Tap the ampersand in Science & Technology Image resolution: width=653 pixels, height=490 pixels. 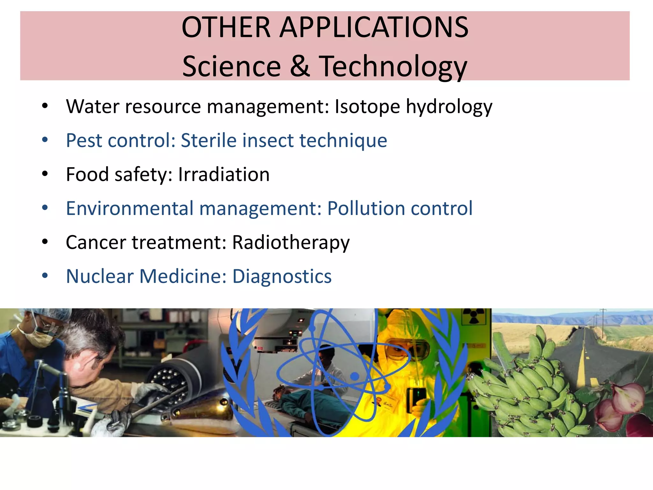[x=300, y=66]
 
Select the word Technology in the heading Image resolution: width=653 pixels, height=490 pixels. [x=393, y=67]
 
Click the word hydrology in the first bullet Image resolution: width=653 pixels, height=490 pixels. [x=449, y=107]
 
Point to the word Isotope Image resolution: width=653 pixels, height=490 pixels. [x=367, y=107]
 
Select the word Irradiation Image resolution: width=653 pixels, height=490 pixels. [x=224, y=174]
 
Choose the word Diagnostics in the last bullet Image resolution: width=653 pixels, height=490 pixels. [x=282, y=276]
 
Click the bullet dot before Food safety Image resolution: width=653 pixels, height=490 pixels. [x=45, y=174]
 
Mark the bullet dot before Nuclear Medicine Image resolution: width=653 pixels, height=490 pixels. [x=45, y=276]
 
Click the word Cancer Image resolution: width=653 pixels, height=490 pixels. [x=96, y=242]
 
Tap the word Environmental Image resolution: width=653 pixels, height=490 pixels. [x=129, y=208]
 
